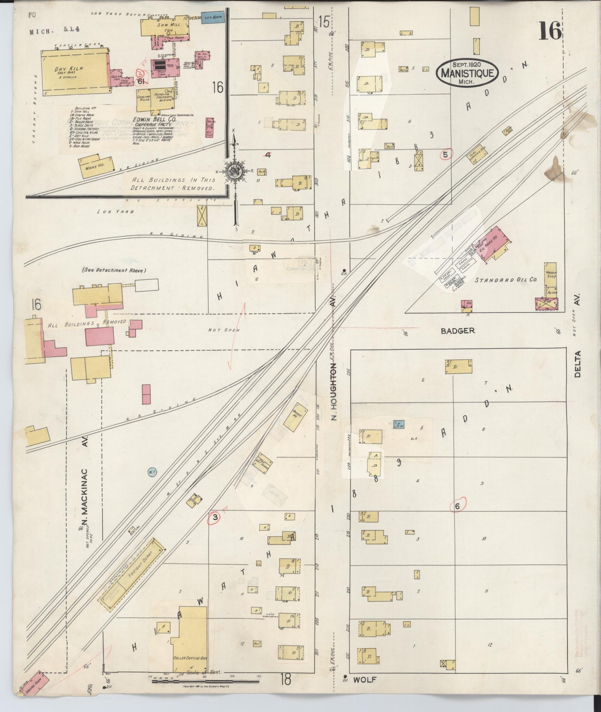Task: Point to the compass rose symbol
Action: [234, 170]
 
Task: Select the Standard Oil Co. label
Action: [505, 280]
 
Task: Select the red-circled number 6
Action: [458, 507]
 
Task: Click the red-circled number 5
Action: [446, 154]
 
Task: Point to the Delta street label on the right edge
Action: [577, 364]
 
